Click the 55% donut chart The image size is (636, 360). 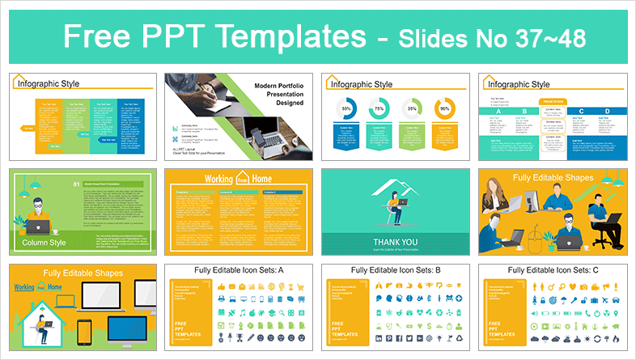tap(346, 108)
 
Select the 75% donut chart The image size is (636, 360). tap(379, 108)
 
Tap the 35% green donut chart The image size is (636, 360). tap(412, 108)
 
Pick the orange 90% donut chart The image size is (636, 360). tap(444, 108)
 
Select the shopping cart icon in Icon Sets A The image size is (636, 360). tap(301, 287)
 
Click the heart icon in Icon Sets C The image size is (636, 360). tap(573, 287)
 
